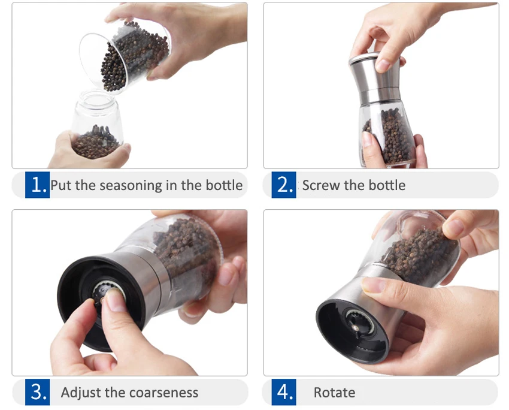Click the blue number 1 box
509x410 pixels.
pyautogui.click(x=37, y=185)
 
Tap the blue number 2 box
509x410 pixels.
pyautogui.click(x=284, y=185)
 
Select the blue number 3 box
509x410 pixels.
pyautogui.click(x=37, y=392)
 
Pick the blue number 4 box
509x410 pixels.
pyautogui.click(x=284, y=392)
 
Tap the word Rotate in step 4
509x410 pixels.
pyautogui.click(x=334, y=393)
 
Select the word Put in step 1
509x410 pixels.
pyautogui.click(x=60, y=185)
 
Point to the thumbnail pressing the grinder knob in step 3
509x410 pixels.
pyautogui.click(x=115, y=300)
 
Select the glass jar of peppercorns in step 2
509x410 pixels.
pyautogui.click(x=387, y=134)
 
